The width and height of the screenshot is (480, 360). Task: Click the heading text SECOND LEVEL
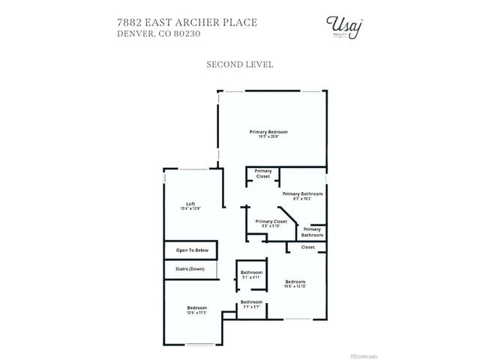pos(239,64)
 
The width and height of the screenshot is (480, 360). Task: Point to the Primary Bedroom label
pos(268,131)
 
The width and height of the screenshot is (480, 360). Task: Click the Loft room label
pos(191,204)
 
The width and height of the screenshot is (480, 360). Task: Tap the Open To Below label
pos(191,250)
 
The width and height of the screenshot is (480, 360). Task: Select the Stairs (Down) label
pos(190,268)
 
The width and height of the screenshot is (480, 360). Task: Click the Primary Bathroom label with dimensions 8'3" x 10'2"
pos(302,194)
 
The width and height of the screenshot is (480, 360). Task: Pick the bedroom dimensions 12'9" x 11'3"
pos(197,313)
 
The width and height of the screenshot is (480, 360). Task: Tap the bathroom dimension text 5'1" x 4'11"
pos(251,277)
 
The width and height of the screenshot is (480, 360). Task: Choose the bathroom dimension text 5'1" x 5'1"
pos(251,307)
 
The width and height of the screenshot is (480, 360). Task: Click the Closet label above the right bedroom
pos(307,247)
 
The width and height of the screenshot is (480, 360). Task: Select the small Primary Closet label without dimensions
pos(263,173)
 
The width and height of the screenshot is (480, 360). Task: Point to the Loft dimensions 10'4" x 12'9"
pos(191,209)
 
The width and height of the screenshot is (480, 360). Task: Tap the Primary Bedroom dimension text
pos(268,136)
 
